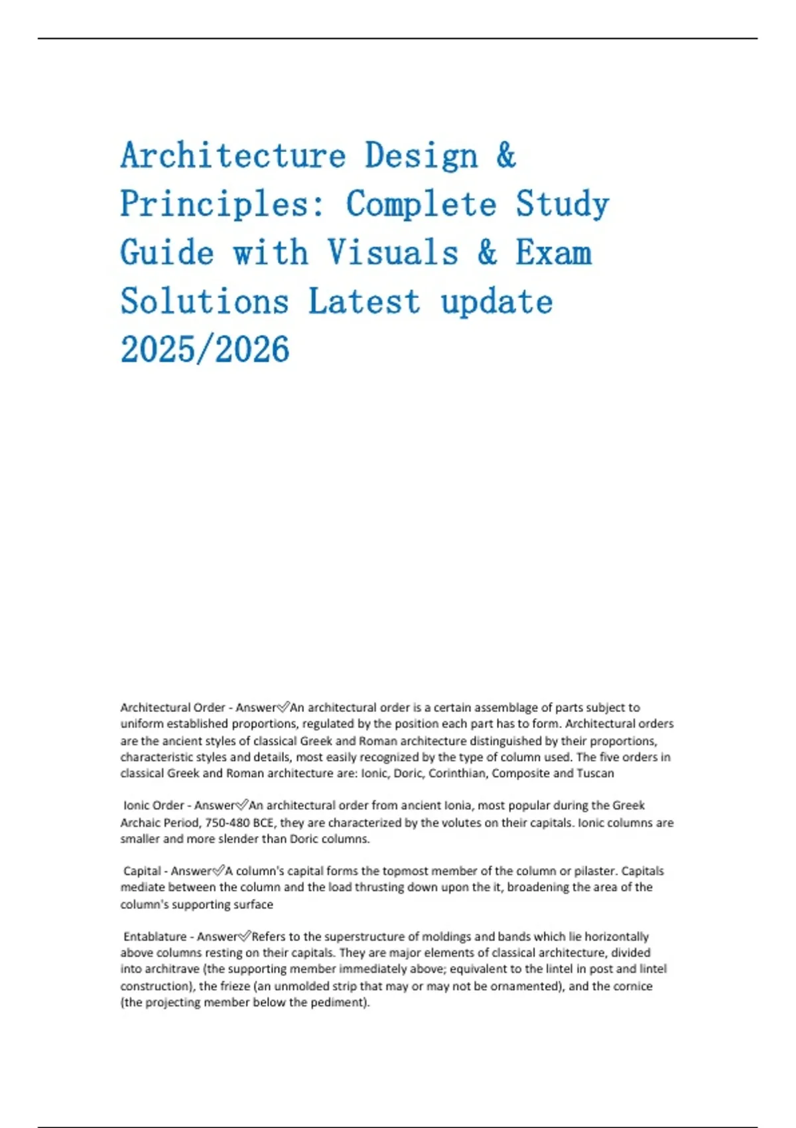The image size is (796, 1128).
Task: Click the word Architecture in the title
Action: (233, 156)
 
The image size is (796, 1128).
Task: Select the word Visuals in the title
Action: (393, 253)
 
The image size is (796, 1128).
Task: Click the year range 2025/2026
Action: (205, 350)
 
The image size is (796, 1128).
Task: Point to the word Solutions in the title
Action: (204, 302)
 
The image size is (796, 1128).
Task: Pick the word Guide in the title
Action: (166, 253)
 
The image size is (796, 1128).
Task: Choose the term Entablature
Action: (155, 936)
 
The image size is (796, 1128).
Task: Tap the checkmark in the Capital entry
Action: (218, 871)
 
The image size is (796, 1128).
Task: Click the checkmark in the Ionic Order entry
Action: (241, 805)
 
